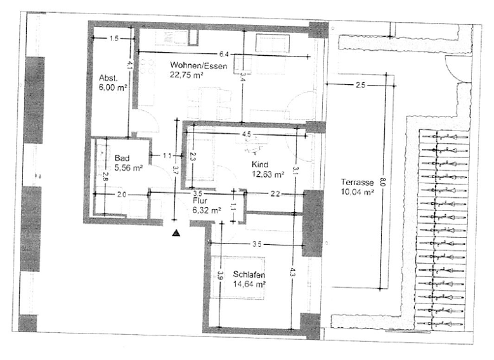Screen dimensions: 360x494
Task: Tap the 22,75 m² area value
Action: (187, 75)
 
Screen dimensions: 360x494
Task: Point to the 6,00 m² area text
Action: (112, 88)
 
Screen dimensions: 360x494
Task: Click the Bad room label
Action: (122, 158)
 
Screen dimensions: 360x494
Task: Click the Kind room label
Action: (260, 165)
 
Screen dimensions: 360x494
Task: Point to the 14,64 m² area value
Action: (252, 283)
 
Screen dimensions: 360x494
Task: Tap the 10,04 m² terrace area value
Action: (358, 192)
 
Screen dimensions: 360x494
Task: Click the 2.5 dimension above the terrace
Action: (360, 85)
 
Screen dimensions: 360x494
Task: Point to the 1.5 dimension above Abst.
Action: (113, 39)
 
